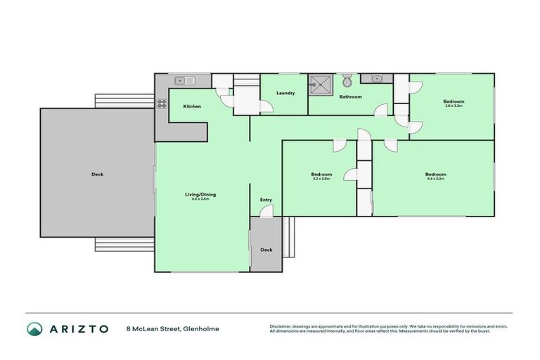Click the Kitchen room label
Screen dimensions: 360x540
pos(192,106)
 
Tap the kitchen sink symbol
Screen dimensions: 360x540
pos(184,79)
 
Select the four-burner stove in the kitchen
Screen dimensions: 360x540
pos(162,103)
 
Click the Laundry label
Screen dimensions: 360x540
pos(285,93)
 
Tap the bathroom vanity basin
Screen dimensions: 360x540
pos(377,78)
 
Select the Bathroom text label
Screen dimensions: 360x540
pos(350,97)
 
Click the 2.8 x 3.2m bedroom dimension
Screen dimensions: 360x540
pos(454,105)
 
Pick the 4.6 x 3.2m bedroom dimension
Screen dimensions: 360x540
pos(435,179)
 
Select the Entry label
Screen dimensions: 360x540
pos(266,200)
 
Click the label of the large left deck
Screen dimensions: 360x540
pos(97,174)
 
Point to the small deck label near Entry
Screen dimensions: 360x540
pos(266,250)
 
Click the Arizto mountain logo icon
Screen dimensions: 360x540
pos(34,328)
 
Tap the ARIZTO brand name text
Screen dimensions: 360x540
pos(78,328)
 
